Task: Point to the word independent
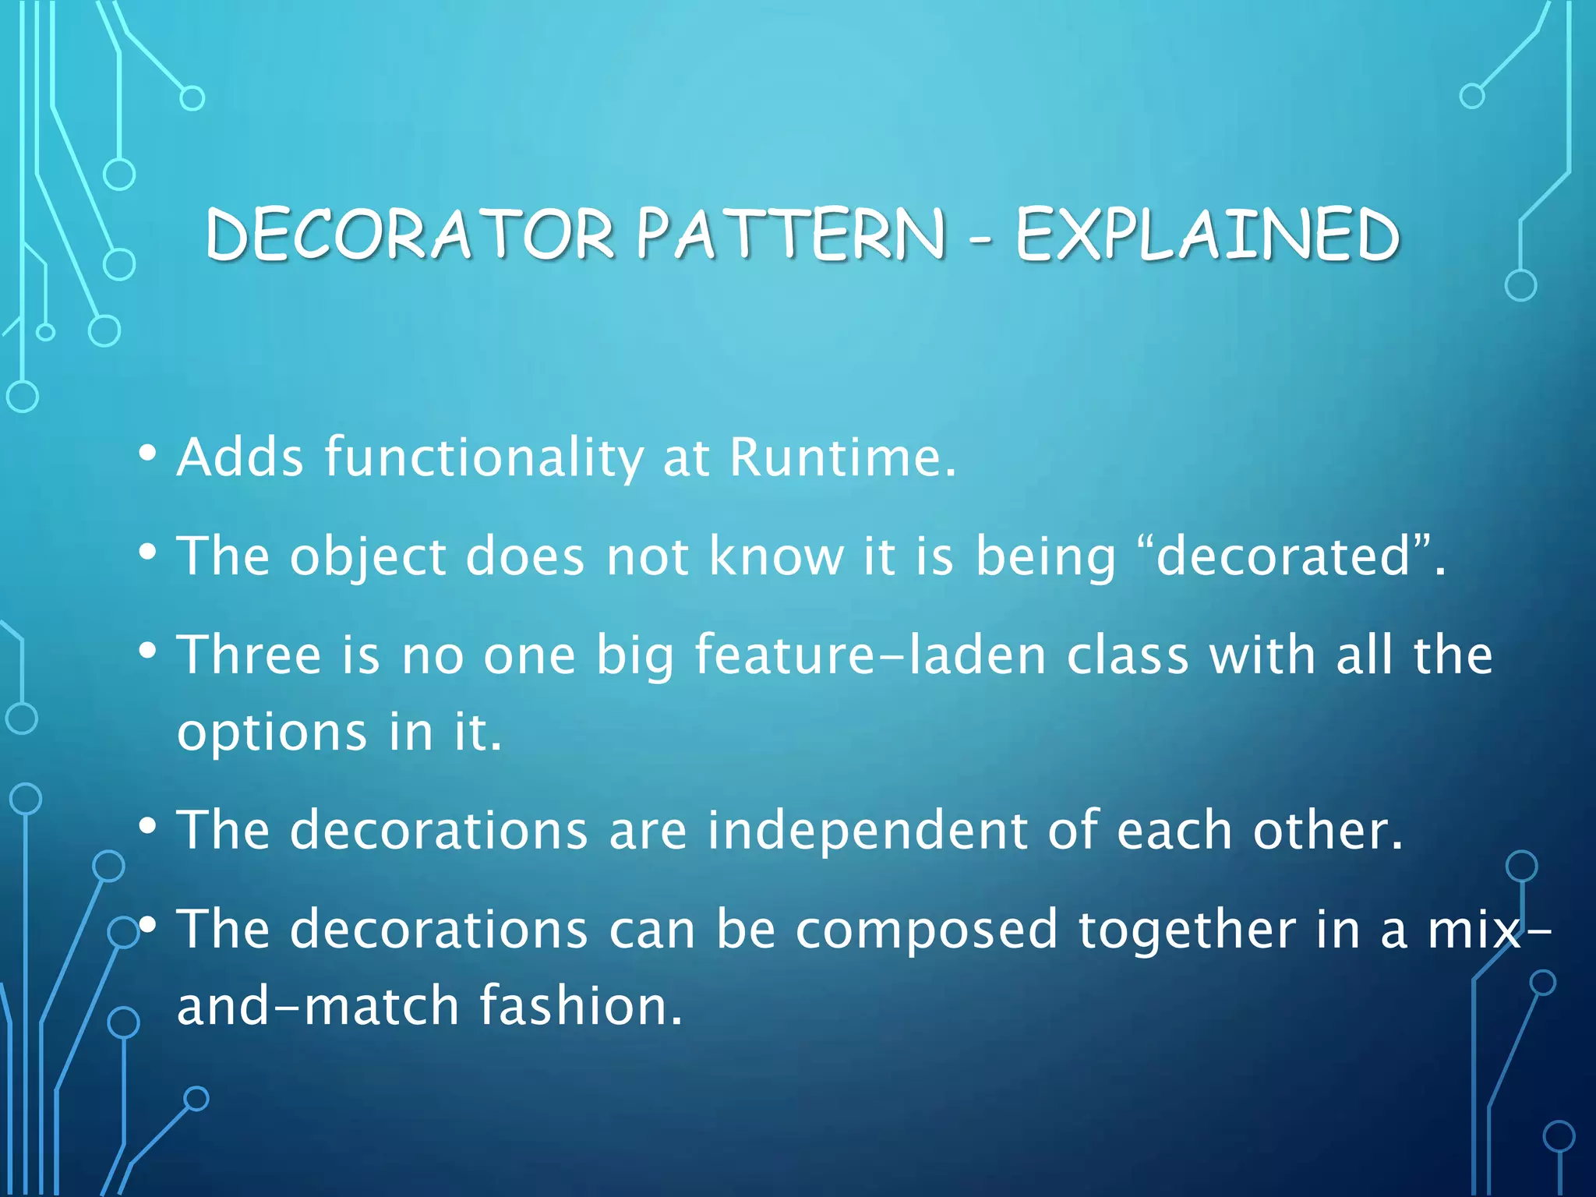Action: [x=867, y=829]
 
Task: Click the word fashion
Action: [x=581, y=1005]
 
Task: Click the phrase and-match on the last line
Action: [x=318, y=1005]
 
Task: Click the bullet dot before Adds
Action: [x=148, y=454]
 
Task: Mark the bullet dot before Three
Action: [x=148, y=651]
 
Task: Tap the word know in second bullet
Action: [x=776, y=556]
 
